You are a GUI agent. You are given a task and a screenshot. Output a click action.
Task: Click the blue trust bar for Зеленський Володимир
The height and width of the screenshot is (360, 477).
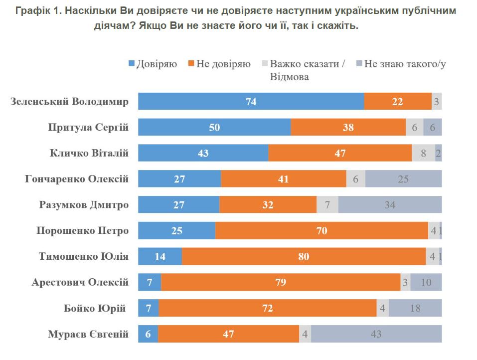[251, 101]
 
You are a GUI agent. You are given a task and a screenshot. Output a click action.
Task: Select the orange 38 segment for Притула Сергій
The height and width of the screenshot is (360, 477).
[348, 127]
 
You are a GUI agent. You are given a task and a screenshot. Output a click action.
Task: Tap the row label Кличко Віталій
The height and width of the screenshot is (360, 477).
[89, 153]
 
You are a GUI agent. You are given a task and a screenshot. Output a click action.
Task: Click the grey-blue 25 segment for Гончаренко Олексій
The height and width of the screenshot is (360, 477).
[403, 179]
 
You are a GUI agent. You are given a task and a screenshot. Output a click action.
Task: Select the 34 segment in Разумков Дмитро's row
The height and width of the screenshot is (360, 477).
[390, 205]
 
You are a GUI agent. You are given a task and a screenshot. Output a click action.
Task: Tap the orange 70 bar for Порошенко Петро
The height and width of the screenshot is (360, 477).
[321, 231]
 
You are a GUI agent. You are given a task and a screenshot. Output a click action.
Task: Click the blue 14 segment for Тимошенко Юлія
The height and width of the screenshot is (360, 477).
[159, 257]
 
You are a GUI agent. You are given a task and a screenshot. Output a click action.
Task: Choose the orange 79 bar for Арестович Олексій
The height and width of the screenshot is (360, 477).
[281, 282]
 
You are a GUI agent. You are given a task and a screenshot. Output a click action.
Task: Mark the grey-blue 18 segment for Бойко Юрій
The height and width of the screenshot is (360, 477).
[415, 308]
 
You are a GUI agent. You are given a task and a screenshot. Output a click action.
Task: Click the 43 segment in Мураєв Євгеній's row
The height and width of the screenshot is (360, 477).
[376, 334]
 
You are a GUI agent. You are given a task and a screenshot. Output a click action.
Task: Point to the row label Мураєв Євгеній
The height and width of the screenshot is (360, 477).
[88, 334]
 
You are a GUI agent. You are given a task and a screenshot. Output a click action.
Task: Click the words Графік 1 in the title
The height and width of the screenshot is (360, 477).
[35, 10]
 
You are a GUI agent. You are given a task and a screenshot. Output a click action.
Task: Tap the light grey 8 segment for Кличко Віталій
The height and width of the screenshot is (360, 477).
[423, 153]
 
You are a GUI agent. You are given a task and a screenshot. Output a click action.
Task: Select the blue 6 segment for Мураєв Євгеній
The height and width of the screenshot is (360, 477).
[148, 334]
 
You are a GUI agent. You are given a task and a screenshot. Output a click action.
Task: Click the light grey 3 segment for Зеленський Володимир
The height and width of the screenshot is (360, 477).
[436, 101]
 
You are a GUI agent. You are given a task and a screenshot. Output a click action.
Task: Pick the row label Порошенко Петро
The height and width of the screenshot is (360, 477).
[82, 231]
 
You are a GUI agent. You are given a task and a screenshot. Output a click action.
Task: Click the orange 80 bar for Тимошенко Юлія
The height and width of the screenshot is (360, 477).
[304, 257]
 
